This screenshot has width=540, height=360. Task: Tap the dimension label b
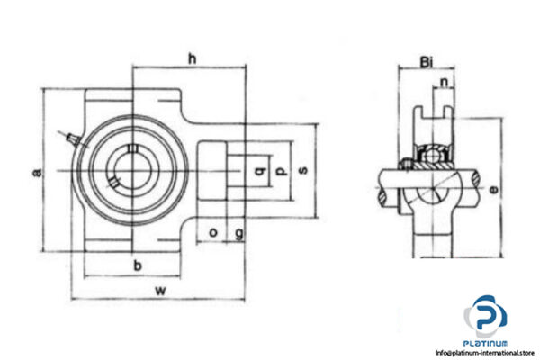point(136,265)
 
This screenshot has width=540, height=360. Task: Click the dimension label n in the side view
point(445,85)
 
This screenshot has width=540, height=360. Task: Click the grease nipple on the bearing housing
point(69,137)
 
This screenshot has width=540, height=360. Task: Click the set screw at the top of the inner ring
point(408,163)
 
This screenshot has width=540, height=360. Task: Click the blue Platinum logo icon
point(485,318)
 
